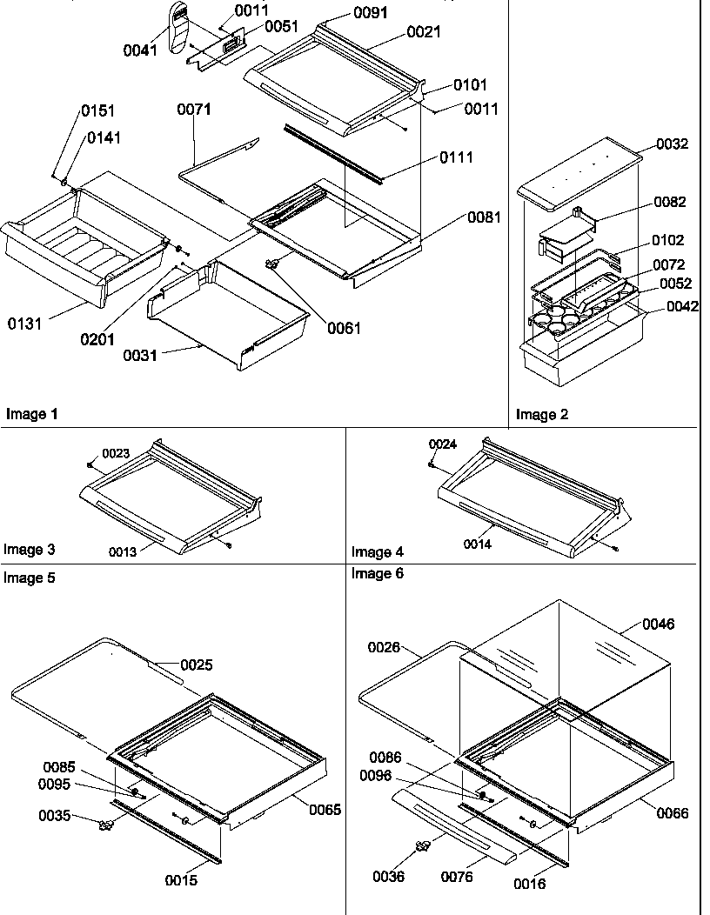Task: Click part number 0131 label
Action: tap(24, 324)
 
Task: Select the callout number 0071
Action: tap(194, 110)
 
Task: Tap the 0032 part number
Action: tap(670, 144)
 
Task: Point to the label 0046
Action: tap(658, 624)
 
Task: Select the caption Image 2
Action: tap(541, 415)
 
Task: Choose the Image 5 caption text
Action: tap(29, 578)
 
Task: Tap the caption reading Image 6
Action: tap(378, 573)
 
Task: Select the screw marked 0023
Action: tap(91, 464)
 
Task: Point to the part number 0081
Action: tap(483, 217)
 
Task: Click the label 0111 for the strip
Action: tap(457, 157)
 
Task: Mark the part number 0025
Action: tap(197, 665)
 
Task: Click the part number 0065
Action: tap(325, 810)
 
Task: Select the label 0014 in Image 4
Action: tap(476, 544)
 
